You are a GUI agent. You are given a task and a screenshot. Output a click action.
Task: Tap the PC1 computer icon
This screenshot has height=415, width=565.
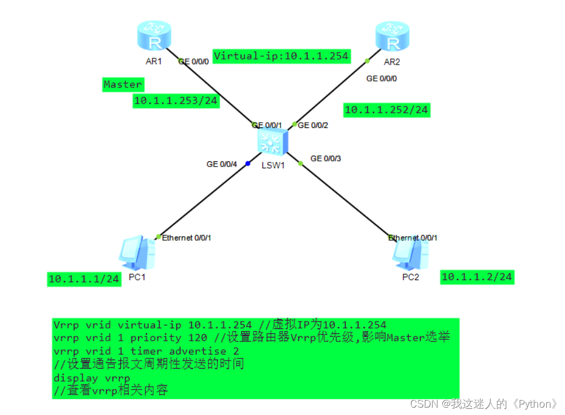(136, 253)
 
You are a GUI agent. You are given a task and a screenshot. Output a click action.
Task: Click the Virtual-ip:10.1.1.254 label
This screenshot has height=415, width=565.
(281, 56)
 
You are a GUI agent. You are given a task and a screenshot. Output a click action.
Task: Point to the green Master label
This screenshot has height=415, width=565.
(123, 84)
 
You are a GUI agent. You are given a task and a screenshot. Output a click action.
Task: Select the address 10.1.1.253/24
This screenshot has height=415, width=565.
(175, 101)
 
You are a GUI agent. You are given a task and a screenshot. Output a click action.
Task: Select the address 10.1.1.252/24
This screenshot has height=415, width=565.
(387, 110)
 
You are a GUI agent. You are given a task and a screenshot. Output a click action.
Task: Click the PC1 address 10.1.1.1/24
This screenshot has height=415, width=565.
(84, 279)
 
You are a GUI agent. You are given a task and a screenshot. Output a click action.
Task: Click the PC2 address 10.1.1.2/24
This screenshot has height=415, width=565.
(477, 277)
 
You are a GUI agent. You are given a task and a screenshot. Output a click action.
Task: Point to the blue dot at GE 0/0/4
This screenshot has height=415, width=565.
(248, 164)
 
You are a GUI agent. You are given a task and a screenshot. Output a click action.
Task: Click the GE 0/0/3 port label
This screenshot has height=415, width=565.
(326, 159)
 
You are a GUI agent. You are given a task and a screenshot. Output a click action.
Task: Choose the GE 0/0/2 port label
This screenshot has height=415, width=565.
(312, 125)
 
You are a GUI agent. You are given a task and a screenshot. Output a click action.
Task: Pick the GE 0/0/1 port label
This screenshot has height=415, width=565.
(266, 125)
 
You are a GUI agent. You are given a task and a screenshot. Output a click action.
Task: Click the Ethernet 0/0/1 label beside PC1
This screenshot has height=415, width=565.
(187, 238)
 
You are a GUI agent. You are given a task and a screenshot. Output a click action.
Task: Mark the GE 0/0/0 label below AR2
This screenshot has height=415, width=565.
(382, 79)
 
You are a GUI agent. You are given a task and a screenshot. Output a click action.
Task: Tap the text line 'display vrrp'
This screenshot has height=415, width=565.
(92, 378)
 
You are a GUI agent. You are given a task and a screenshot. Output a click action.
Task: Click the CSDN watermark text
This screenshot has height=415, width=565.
(484, 404)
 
